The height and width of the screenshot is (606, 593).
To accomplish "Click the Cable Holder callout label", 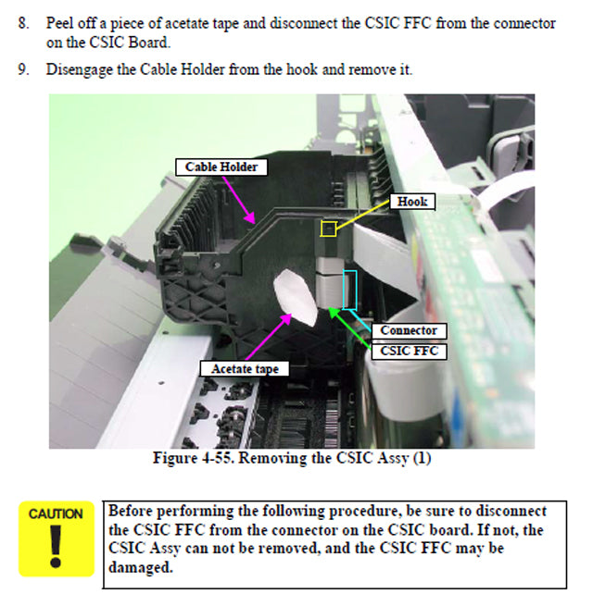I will (221, 167).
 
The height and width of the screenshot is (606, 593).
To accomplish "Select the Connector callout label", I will (409, 330).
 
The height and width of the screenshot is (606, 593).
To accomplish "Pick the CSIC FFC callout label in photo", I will (409, 351).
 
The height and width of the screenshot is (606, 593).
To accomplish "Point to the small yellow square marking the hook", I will (328, 228).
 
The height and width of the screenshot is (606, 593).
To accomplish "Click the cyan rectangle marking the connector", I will (349, 289).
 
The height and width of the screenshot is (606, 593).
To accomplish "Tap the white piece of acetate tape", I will (296, 297).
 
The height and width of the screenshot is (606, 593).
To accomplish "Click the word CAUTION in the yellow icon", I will (56, 514).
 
